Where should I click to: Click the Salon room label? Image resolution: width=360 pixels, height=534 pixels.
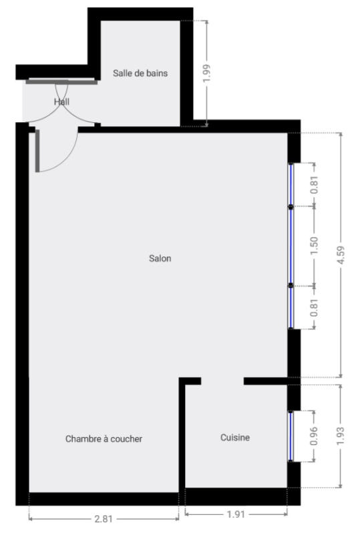(160, 258)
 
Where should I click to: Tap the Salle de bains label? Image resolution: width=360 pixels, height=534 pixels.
(140, 73)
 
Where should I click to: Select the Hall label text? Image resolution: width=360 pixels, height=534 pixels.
(61, 101)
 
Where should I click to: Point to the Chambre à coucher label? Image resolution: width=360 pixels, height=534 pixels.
(104, 439)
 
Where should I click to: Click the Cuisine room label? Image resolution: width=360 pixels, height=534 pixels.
(235, 437)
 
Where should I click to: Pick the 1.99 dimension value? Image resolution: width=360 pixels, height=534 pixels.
(206, 73)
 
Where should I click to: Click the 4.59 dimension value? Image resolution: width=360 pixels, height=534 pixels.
(340, 255)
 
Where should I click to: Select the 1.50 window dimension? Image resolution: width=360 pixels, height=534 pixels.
(314, 246)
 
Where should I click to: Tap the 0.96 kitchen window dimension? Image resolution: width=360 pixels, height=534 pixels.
(314, 436)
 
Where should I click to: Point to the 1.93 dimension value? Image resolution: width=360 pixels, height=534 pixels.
(340, 436)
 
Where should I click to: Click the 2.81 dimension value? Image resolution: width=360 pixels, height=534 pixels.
(104, 519)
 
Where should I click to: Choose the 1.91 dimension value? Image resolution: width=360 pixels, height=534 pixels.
(236, 514)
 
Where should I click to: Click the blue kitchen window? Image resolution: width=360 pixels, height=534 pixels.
(291, 437)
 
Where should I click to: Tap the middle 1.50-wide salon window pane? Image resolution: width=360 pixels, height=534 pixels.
(291, 246)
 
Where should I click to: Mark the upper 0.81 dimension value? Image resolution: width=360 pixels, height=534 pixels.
(314, 185)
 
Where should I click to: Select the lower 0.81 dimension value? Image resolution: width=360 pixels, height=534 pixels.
(314, 308)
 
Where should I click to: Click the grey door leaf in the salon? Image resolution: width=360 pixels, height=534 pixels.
(37, 151)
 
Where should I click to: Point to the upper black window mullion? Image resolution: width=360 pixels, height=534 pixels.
(291, 206)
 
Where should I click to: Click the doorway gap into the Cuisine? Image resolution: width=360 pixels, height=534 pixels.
(222, 381)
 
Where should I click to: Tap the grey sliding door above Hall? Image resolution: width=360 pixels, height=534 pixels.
(61, 81)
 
